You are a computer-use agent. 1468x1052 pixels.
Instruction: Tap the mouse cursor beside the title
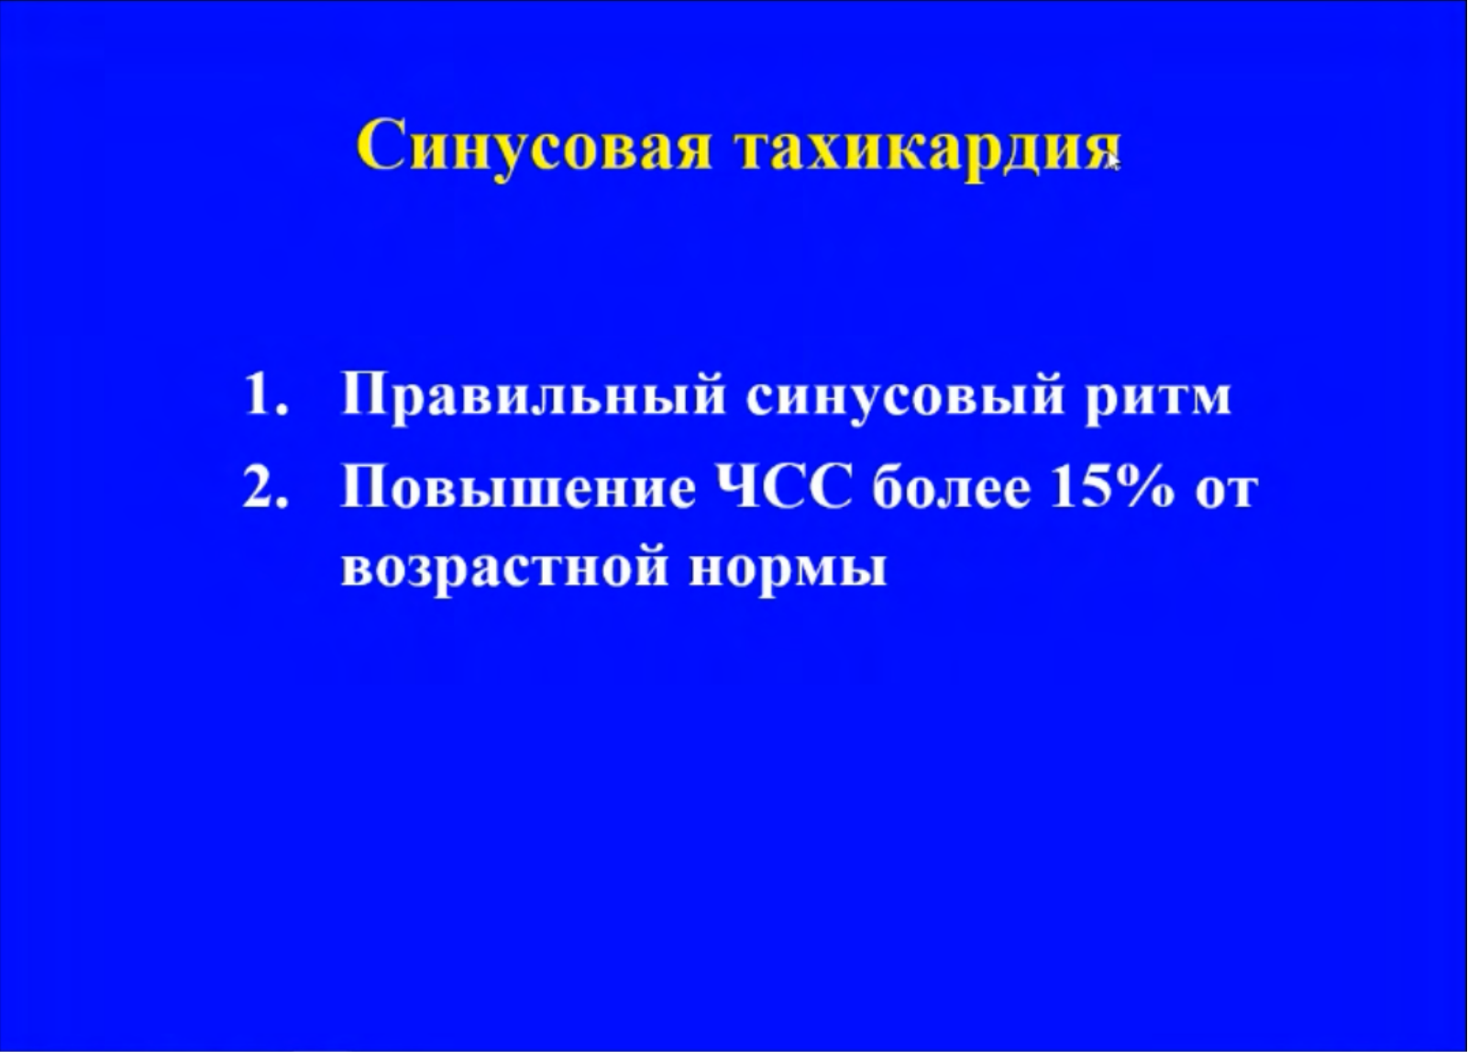pos(1113,162)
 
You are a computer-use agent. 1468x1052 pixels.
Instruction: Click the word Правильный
pos(533,399)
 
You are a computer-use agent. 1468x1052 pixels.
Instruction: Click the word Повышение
pos(518,491)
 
